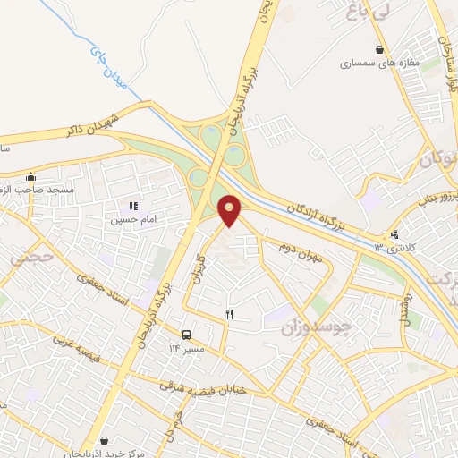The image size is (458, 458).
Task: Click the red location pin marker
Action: click(x=230, y=211)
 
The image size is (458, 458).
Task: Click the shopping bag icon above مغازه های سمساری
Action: click(x=380, y=50)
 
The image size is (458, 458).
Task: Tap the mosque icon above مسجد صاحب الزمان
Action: click(x=31, y=176)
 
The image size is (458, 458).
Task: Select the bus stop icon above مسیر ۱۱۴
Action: click(x=186, y=334)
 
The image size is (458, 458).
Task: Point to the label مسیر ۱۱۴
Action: click(x=188, y=347)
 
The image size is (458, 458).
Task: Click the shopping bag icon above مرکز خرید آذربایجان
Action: click(x=107, y=440)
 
